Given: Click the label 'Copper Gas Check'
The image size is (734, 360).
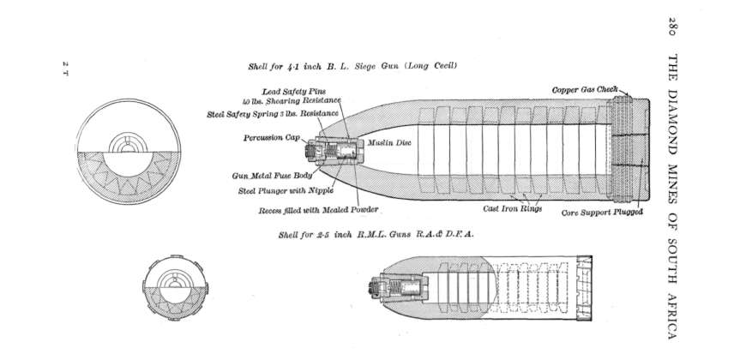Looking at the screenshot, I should point(580,90).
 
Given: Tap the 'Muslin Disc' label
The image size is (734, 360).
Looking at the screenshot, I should point(390,143).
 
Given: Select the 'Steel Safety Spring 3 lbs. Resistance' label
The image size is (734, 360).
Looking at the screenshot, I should point(274,113).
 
